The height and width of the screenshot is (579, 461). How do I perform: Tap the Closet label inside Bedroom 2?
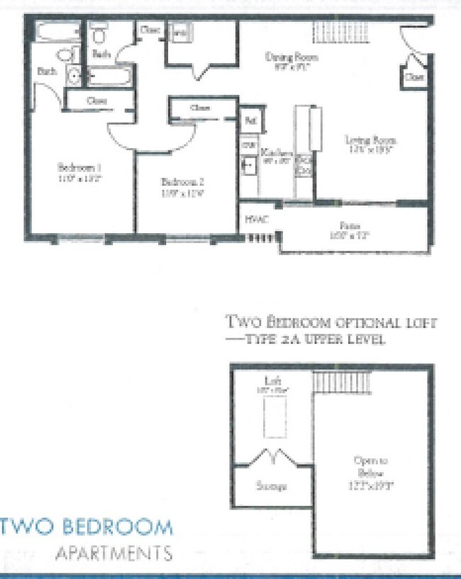pos(201,108)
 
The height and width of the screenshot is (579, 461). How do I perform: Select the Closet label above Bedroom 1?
pos(97,101)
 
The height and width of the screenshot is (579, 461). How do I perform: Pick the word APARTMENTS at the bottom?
pos(114,552)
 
